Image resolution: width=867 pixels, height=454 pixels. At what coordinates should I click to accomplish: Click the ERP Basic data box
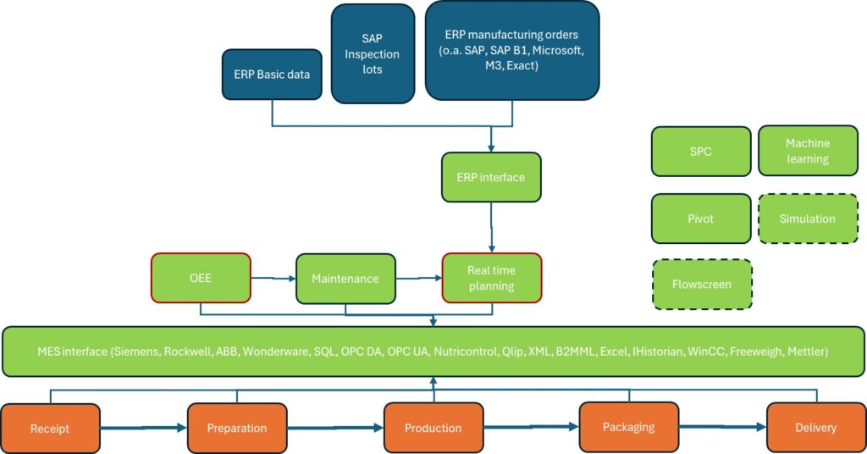click(272, 75)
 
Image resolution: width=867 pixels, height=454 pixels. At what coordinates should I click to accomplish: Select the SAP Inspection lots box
click(373, 53)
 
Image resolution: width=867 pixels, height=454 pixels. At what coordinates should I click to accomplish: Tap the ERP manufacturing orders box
click(512, 50)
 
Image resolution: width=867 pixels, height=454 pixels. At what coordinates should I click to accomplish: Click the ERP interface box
click(491, 178)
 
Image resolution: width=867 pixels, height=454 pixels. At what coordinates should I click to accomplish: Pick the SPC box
click(701, 152)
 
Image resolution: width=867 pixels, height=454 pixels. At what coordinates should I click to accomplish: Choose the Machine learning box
click(808, 151)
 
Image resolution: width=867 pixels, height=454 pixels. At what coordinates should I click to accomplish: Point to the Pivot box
click(701, 219)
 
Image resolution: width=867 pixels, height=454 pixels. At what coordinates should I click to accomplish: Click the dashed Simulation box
click(808, 219)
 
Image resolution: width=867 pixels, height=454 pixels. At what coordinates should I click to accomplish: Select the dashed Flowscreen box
click(702, 285)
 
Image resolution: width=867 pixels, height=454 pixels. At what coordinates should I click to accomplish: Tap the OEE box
click(201, 278)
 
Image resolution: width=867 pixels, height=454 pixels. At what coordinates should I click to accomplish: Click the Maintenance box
click(345, 279)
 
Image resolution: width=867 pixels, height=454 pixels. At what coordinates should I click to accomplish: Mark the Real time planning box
click(492, 278)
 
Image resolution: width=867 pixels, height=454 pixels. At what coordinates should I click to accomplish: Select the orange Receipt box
click(50, 429)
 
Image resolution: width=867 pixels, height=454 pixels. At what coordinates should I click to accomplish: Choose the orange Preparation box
click(237, 429)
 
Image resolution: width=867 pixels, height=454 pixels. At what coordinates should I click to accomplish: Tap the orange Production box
click(433, 428)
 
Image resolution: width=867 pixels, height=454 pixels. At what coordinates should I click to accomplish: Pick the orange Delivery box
click(816, 428)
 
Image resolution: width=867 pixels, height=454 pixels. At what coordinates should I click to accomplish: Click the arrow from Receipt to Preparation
click(144, 428)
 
